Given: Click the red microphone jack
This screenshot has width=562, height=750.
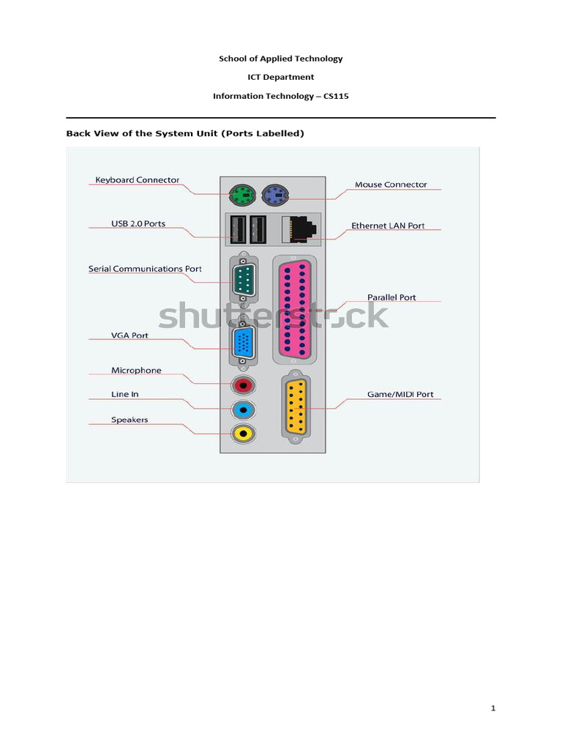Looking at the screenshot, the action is [x=242, y=385].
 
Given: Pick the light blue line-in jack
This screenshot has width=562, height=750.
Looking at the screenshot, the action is [x=242, y=409].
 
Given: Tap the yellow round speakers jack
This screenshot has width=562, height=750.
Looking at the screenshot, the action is [x=242, y=433].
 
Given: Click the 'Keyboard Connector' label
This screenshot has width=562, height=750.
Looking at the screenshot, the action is [x=138, y=180].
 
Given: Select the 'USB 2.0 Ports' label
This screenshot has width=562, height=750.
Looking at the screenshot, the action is [x=138, y=223].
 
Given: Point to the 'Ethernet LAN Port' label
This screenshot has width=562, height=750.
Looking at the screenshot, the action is [x=388, y=226].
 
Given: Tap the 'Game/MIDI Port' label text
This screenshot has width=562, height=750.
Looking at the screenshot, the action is [x=400, y=394].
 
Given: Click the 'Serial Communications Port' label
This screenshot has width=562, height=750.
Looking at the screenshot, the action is [x=145, y=269].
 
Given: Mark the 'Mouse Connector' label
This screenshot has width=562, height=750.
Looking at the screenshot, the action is [x=391, y=185].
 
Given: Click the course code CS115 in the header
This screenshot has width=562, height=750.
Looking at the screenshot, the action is [x=335, y=96].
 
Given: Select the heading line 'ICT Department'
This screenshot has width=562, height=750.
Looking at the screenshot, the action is [x=280, y=77].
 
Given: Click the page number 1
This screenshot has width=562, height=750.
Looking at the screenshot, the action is [x=493, y=708].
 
